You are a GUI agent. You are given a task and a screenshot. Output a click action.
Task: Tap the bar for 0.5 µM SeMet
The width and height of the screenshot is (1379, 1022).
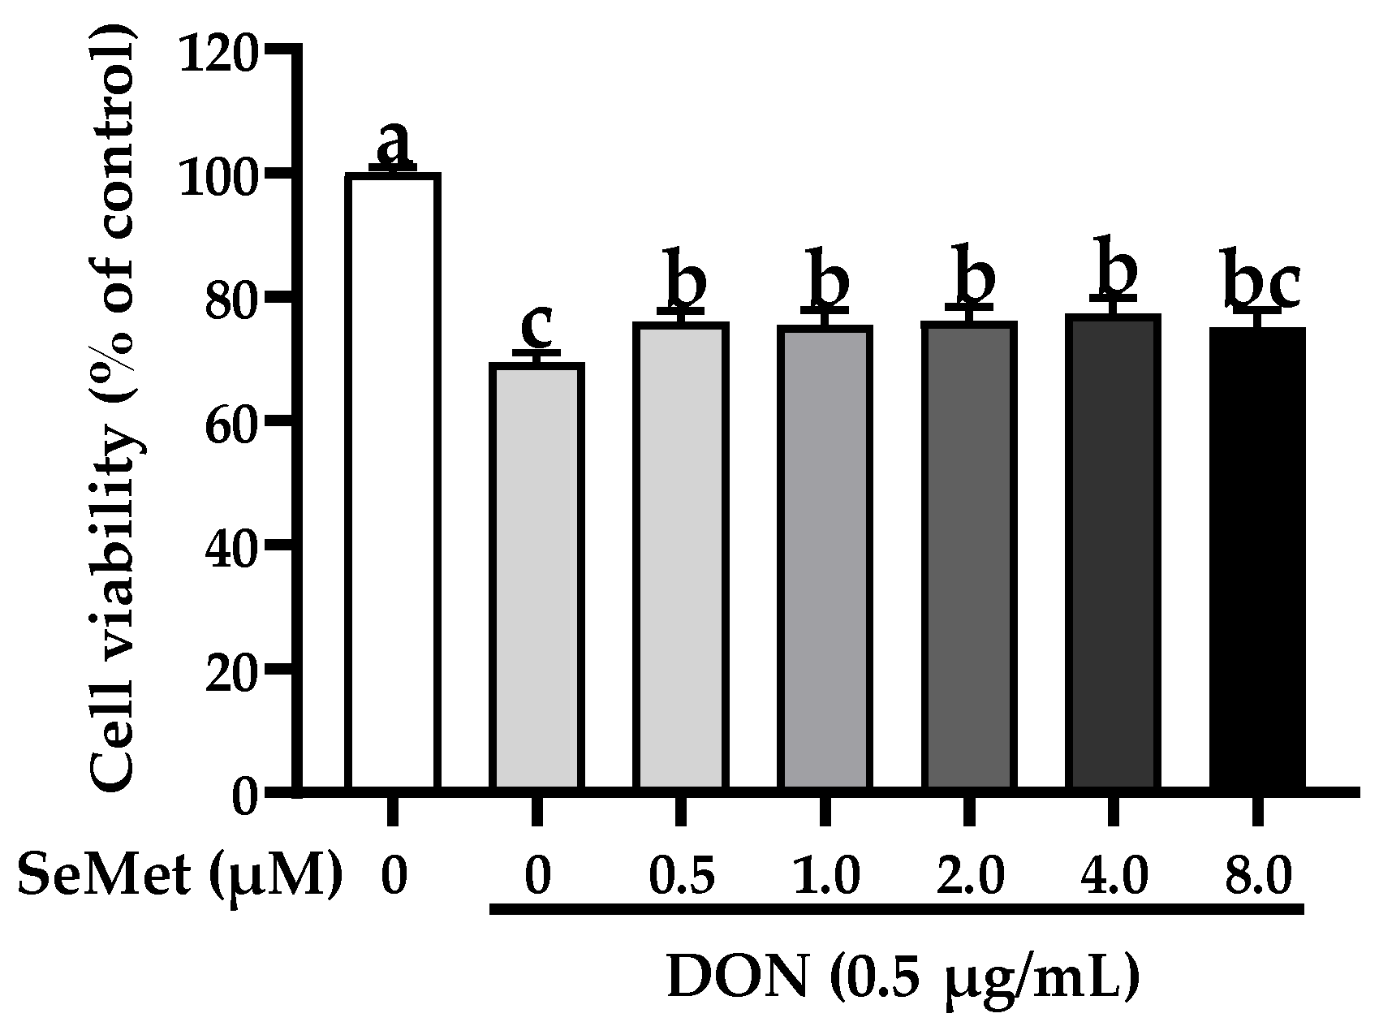pyautogui.click(x=680, y=555)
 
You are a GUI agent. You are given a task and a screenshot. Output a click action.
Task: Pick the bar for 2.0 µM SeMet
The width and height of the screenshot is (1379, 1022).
pyautogui.click(x=968, y=555)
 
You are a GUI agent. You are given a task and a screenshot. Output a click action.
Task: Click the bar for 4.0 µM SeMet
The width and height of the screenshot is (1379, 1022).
pyautogui.click(x=1113, y=552)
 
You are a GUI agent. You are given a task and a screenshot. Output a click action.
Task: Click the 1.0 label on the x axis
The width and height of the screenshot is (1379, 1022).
pyautogui.click(x=824, y=878)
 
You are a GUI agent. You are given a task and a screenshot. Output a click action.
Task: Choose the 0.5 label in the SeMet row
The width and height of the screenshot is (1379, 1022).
pyautogui.click(x=680, y=878)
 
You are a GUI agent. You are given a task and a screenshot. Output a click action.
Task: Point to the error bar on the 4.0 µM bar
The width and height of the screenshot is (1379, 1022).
pyautogui.click(x=1112, y=305)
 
